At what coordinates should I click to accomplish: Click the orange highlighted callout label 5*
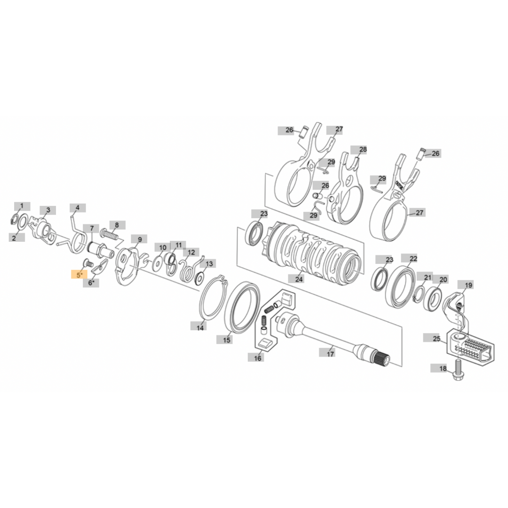[x=79, y=275]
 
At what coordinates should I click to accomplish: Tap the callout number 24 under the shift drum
[x=299, y=279]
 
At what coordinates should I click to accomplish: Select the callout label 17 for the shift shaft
[x=330, y=353]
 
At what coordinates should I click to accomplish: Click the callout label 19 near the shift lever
[x=468, y=285]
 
